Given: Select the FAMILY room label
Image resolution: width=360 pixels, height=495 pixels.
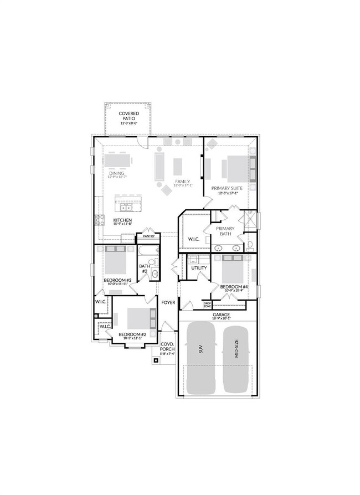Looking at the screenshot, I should point(182,182).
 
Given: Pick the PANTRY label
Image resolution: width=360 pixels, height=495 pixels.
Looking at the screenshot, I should point(148,236).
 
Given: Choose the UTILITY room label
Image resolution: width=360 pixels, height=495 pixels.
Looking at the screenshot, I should point(199,268).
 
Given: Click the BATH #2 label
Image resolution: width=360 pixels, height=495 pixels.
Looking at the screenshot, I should point(144,269).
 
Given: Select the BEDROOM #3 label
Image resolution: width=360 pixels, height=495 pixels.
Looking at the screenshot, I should point(117,280).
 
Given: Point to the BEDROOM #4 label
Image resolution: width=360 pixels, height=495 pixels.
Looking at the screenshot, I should point(233,287).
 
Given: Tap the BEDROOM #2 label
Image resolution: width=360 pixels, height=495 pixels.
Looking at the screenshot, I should point(133,334).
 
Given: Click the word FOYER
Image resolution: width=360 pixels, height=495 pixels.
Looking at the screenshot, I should point(168,303).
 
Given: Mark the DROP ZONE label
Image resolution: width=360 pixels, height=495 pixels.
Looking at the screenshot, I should point(207,305).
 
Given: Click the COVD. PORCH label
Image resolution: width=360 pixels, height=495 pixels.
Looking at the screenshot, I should point(167,347).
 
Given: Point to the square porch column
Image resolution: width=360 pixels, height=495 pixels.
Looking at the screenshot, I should point(156,360).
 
